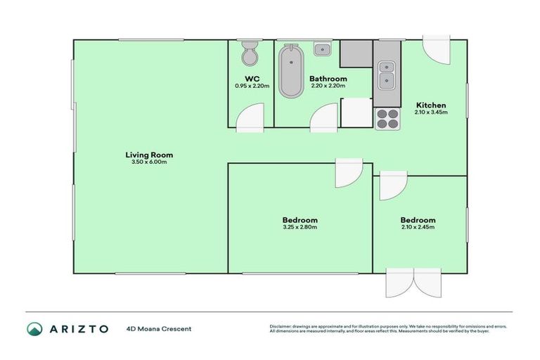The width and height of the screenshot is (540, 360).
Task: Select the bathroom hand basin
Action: [322, 49]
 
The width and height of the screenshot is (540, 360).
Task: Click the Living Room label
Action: [149, 155]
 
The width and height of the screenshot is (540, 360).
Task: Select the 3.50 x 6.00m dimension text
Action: [149, 162]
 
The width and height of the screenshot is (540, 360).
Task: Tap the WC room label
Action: [250, 79]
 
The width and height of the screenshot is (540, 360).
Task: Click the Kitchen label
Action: [430, 105]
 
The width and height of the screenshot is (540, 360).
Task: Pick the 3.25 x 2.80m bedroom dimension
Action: [300, 227]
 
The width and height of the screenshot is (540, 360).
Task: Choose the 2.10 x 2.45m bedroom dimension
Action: [418, 227]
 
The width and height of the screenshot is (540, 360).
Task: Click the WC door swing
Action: [250, 117]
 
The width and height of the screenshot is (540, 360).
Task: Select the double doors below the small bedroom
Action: [414, 283]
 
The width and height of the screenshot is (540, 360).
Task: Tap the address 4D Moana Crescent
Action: [158, 329]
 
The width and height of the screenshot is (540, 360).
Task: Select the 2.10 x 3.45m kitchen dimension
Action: [430, 112]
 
